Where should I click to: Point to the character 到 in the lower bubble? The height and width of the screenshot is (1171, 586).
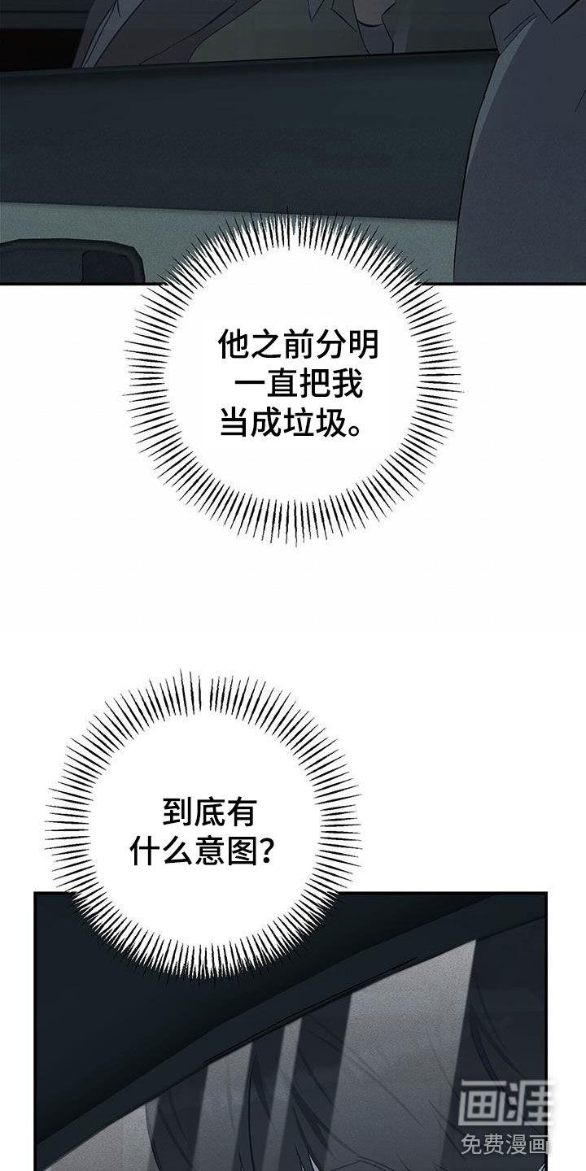(178, 813)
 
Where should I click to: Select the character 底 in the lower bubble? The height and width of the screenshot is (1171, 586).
(210, 813)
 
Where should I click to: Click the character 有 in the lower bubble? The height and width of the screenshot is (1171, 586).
(243, 813)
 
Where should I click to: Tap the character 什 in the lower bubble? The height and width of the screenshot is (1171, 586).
(145, 851)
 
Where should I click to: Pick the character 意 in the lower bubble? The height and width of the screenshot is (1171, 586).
(210, 851)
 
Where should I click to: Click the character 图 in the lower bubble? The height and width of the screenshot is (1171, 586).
(243, 851)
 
